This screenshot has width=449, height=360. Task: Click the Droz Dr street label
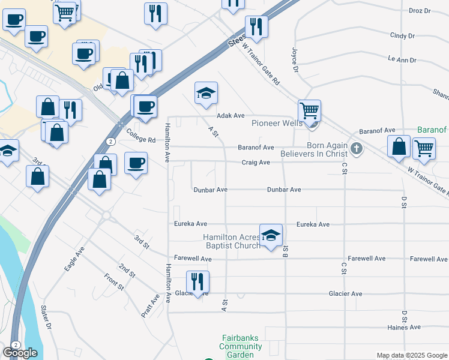pyautogui.click(x=420, y=11)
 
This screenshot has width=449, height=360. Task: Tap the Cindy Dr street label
pyautogui.click(x=402, y=35)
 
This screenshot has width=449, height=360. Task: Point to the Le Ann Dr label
pyautogui.click(x=402, y=60)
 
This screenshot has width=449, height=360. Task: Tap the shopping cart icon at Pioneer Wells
pyautogui.click(x=309, y=111)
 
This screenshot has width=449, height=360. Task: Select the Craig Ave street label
pyautogui.click(x=256, y=162)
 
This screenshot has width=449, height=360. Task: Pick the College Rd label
pyautogui.click(x=144, y=141)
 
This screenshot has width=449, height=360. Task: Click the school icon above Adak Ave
pyautogui.click(x=206, y=93)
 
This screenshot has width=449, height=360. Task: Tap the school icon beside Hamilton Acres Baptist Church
pyautogui.click(x=271, y=235)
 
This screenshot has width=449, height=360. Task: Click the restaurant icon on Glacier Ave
pyautogui.click(x=196, y=280)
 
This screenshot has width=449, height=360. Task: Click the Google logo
pyautogui.click(x=20, y=353)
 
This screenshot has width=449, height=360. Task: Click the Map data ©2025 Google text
pyautogui.click(x=411, y=355)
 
